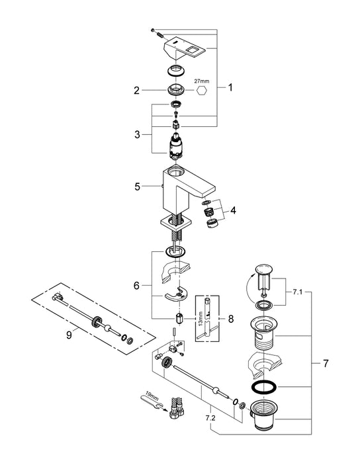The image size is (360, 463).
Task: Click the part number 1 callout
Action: (x=230, y=86)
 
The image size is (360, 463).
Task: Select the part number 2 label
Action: (x=136, y=90)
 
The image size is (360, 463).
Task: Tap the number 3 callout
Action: (x=136, y=134)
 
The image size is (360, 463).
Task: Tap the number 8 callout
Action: (x=230, y=317)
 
